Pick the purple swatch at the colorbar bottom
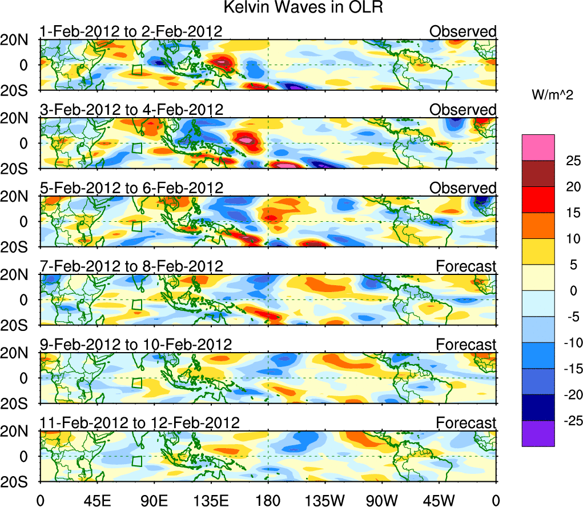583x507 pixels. (x=537, y=433)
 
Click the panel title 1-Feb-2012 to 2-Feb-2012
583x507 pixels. (x=131, y=31)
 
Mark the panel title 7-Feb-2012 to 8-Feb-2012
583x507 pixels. (x=131, y=266)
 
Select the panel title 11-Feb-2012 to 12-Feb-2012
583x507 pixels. (x=139, y=423)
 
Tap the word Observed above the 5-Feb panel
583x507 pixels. (x=463, y=188)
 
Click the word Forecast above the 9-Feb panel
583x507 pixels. (x=467, y=345)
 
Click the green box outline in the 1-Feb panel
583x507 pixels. (x=136, y=70)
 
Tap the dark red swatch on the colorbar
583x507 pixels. (x=537, y=174)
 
